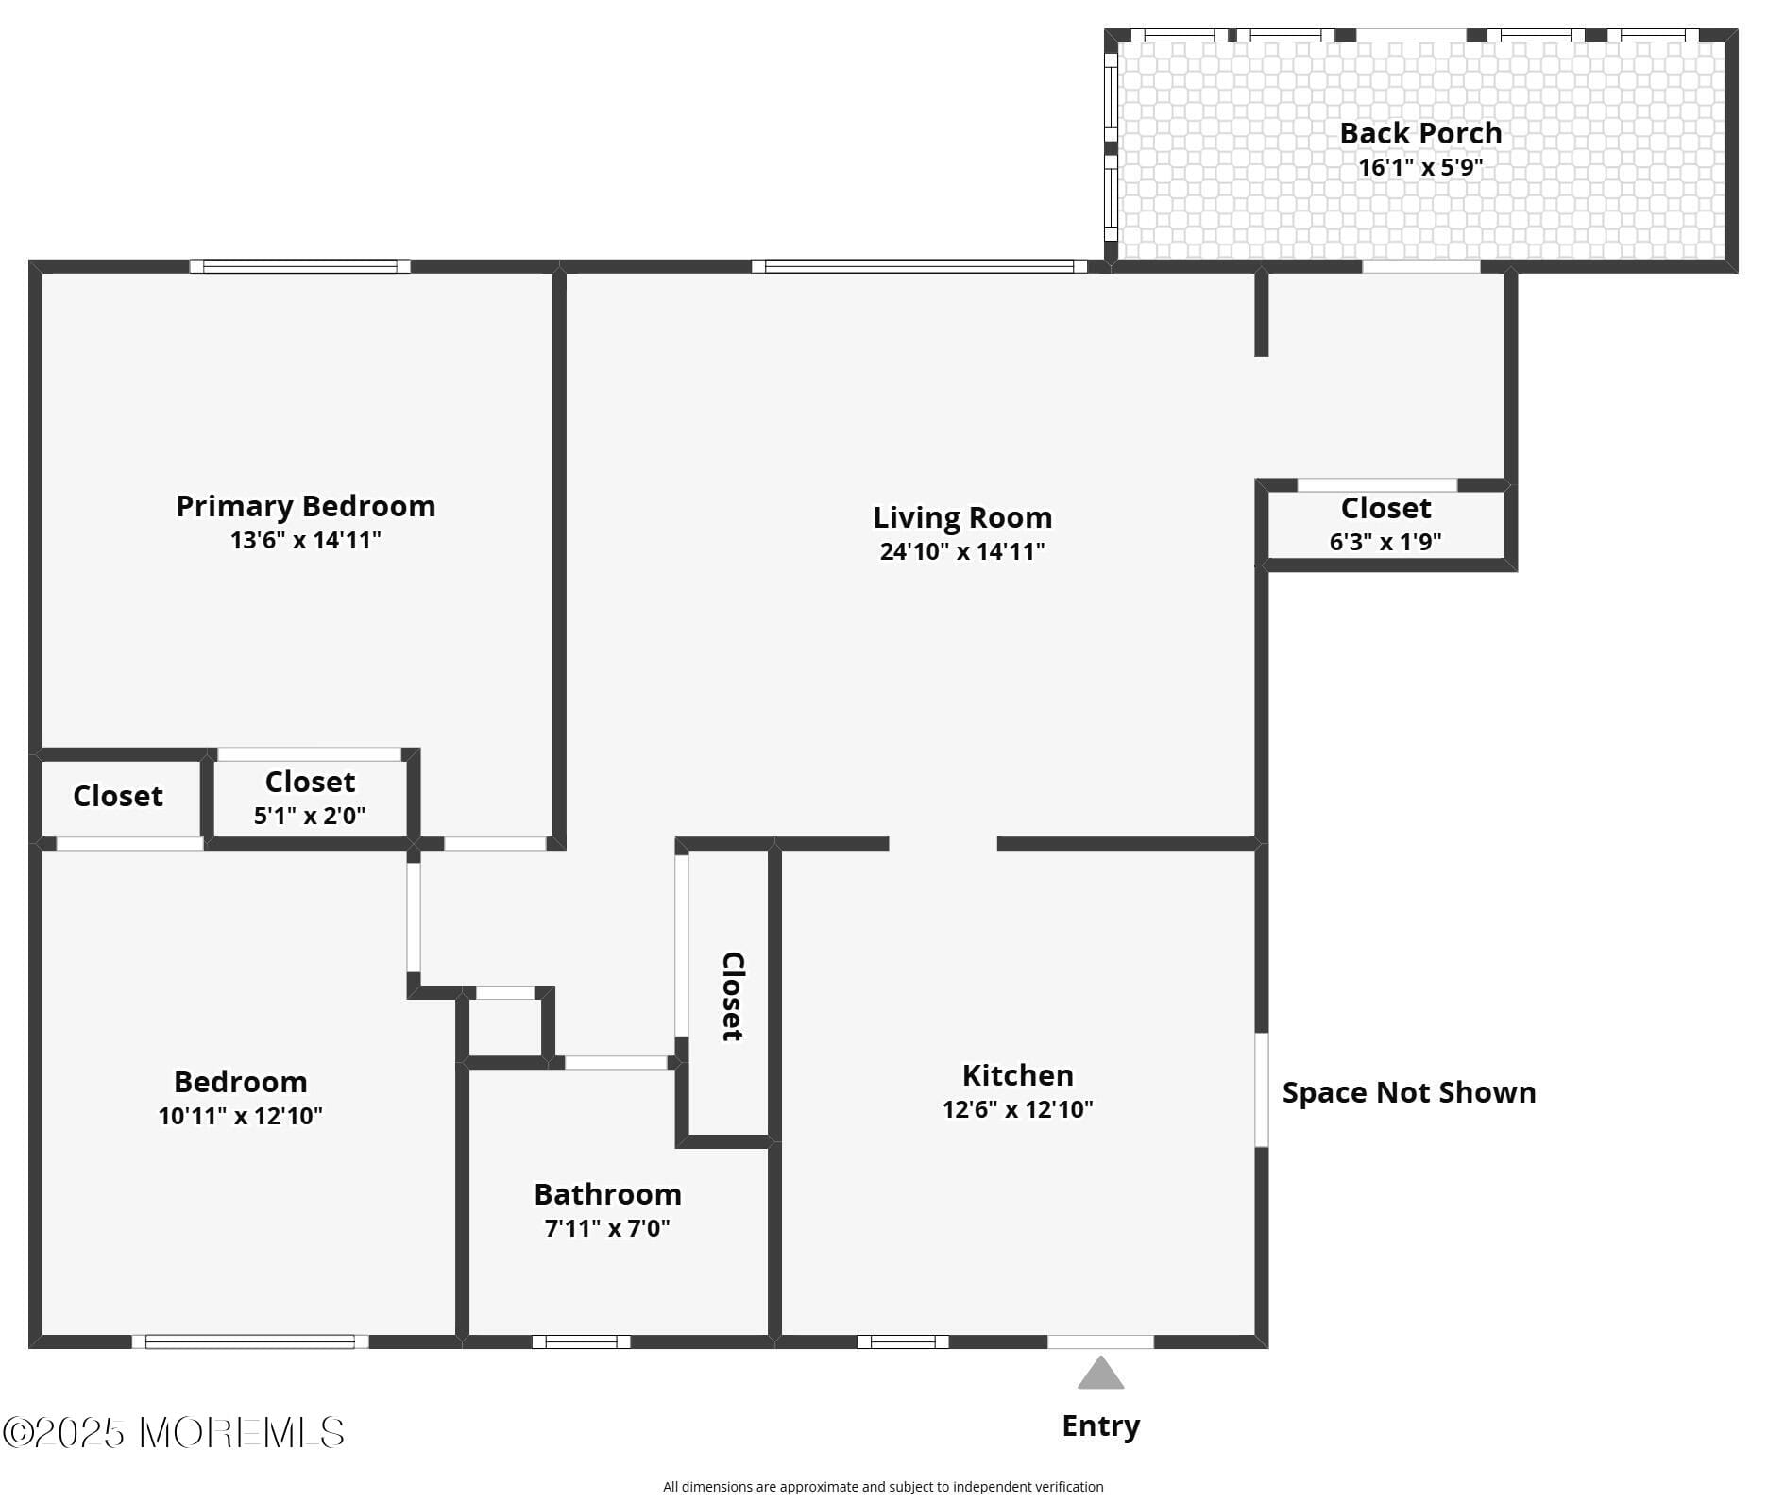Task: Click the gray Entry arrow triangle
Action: pyautogui.click(x=1100, y=1375)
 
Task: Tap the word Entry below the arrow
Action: pyautogui.click(x=1100, y=1425)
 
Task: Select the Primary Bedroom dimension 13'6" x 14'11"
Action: pyautogui.click(x=305, y=540)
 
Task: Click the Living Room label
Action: pyautogui.click(x=961, y=517)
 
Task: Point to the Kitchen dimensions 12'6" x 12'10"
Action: pyautogui.click(x=1017, y=1109)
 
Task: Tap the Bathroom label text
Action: pyautogui.click(x=607, y=1194)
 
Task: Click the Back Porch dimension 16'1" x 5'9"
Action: pyautogui.click(x=1419, y=168)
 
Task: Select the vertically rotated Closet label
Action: pyautogui.click(x=733, y=996)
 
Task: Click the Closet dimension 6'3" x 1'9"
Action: pyautogui.click(x=1385, y=542)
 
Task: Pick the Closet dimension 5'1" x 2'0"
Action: pyautogui.click(x=309, y=816)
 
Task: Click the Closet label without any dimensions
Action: pyautogui.click(x=118, y=796)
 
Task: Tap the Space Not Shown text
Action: pyautogui.click(x=1408, y=1092)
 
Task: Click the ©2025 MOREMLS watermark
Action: pyautogui.click(x=174, y=1433)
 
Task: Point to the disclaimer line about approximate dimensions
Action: pyautogui.click(x=882, y=1487)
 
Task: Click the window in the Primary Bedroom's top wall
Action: pyautogui.click(x=300, y=266)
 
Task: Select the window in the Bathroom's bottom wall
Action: pyautogui.click(x=581, y=1341)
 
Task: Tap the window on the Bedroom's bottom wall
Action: pyautogui.click(x=250, y=1341)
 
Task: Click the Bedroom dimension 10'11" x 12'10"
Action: pyautogui.click(x=240, y=1116)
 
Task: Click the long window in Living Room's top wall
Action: pyautogui.click(x=919, y=266)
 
